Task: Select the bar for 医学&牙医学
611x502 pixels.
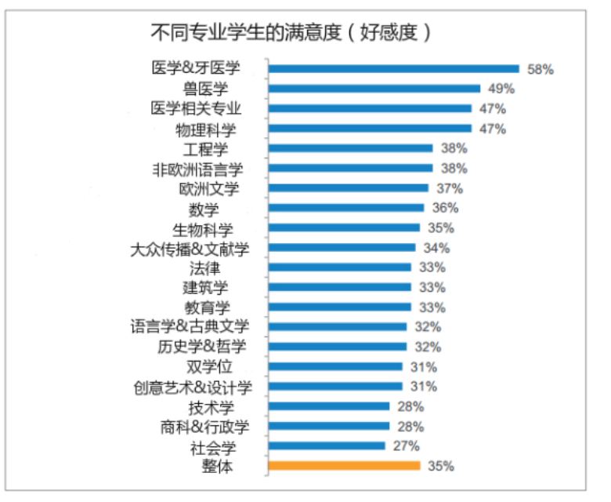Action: [x=393, y=68]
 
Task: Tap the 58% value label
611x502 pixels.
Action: [x=540, y=69]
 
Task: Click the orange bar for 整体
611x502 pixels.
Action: [x=344, y=466]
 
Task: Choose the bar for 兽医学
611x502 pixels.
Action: [x=374, y=89]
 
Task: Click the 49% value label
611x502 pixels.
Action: [x=501, y=89]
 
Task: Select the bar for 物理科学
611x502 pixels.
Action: [x=370, y=129]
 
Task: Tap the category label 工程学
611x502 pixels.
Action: [x=204, y=148]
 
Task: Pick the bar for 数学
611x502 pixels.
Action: [x=345, y=208]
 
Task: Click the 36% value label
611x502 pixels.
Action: [x=445, y=208]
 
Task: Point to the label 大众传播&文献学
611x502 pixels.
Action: [x=190, y=248]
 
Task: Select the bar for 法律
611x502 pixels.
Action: [x=339, y=267]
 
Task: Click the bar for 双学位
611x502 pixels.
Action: [x=334, y=366]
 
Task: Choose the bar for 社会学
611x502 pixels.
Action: [x=326, y=446]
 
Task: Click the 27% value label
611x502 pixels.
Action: [x=406, y=446]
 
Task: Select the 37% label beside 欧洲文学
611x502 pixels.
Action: [x=450, y=188]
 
